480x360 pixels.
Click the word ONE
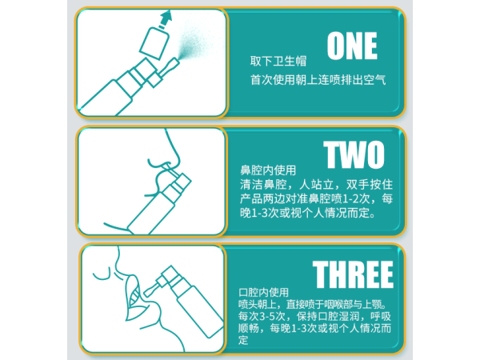coord(352,46)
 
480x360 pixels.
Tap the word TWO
coord(354,154)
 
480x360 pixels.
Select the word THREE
coord(353,274)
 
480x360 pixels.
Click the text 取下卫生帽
coord(278,61)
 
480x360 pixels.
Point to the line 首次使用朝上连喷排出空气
coord(318,79)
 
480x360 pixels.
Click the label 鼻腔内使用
coord(268,170)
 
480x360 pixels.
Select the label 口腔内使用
coord(263,292)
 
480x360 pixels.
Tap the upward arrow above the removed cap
coord(166,19)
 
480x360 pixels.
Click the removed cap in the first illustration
coord(154,43)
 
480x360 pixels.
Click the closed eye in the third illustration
coord(102,274)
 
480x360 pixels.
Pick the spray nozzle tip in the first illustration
coord(176,60)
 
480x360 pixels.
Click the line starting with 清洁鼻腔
coord(316,185)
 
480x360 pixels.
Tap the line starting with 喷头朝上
coord(313,304)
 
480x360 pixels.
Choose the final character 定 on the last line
coord(243,340)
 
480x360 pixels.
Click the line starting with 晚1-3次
coord(308,213)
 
